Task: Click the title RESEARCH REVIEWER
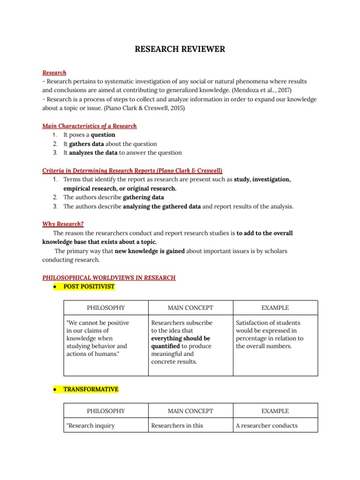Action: click(x=180, y=49)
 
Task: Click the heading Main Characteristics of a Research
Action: click(x=90, y=126)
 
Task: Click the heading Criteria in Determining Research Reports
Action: click(x=132, y=171)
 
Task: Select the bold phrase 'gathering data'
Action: click(x=143, y=197)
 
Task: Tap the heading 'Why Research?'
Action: click(x=63, y=224)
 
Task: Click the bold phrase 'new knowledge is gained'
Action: click(x=150, y=251)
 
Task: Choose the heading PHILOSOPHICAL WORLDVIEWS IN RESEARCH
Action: click(x=109, y=277)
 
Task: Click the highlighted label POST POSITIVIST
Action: click(x=89, y=286)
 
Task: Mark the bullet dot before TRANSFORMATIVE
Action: click(x=55, y=390)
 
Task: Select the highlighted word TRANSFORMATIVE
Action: click(x=91, y=390)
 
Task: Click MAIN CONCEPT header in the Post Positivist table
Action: click(x=190, y=308)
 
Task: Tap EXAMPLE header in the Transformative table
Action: click(x=275, y=411)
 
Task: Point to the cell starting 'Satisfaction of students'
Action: click(x=270, y=334)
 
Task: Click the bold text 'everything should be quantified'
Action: click(x=180, y=342)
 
